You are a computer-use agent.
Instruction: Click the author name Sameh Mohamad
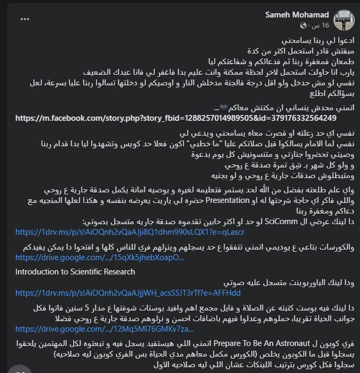coord(297,14)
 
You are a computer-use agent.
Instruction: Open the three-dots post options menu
coord(25,19)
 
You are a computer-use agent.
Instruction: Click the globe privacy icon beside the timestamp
coord(303,25)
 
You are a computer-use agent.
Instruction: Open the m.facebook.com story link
coord(175,118)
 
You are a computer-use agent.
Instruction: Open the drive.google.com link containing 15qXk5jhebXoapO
coord(100,257)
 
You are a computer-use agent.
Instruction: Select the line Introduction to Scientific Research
coord(75,272)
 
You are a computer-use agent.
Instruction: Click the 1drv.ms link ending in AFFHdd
coord(128,292)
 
